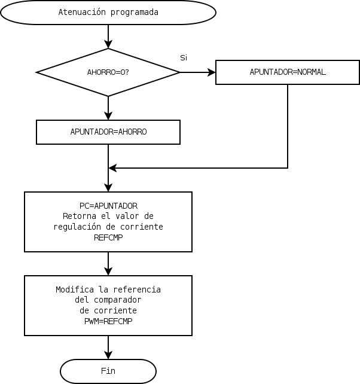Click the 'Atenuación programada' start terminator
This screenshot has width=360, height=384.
[x=108, y=13]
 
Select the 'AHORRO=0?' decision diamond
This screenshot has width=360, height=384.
[x=108, y=72]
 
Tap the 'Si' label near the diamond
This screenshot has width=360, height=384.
[x=184, y=57]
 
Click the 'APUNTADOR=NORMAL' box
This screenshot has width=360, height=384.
[x=288, y=72]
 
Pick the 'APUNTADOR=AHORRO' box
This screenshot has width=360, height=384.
[x=108, y=132]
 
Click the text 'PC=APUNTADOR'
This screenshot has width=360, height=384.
[x=108, y=206]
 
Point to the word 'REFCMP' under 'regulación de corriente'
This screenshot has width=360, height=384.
[x=108, y=237]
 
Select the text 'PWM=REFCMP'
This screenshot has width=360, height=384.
[x=108, y=321]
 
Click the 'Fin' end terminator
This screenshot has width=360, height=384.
[x=108, y=371]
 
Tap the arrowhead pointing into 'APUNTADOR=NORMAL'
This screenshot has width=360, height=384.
[x=211, y=72]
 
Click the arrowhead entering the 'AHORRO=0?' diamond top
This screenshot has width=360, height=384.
[x=108, y=44]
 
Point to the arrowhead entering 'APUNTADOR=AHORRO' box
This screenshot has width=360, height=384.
[x=108, y=116]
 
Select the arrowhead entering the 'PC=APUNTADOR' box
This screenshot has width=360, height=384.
[x=108, y=187]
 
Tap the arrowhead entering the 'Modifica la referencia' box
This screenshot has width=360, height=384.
[x=108, y=271]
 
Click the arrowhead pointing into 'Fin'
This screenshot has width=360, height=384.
[x=108, y=355]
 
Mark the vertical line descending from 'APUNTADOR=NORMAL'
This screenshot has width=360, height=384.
[x=288, y=126]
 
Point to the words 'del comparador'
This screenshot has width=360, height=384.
[x=108, y=300]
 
